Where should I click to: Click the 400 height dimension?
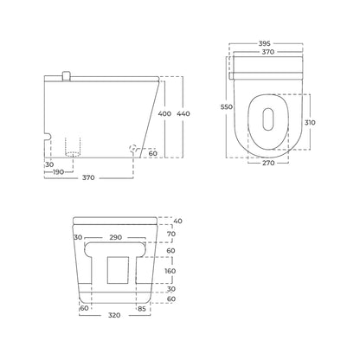coord(164,113)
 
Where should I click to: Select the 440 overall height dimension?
coord(183,113)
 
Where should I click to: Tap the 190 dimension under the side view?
coord(58,172)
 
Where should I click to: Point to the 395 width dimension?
coord(264,44)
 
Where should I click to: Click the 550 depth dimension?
coord(227,106)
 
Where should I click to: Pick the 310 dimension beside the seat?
coord(310,122)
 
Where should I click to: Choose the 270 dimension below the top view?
coord(268,163)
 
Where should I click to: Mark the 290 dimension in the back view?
coord(115,237)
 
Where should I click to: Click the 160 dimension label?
coord(170,271)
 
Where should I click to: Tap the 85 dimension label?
coord(142,309)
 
